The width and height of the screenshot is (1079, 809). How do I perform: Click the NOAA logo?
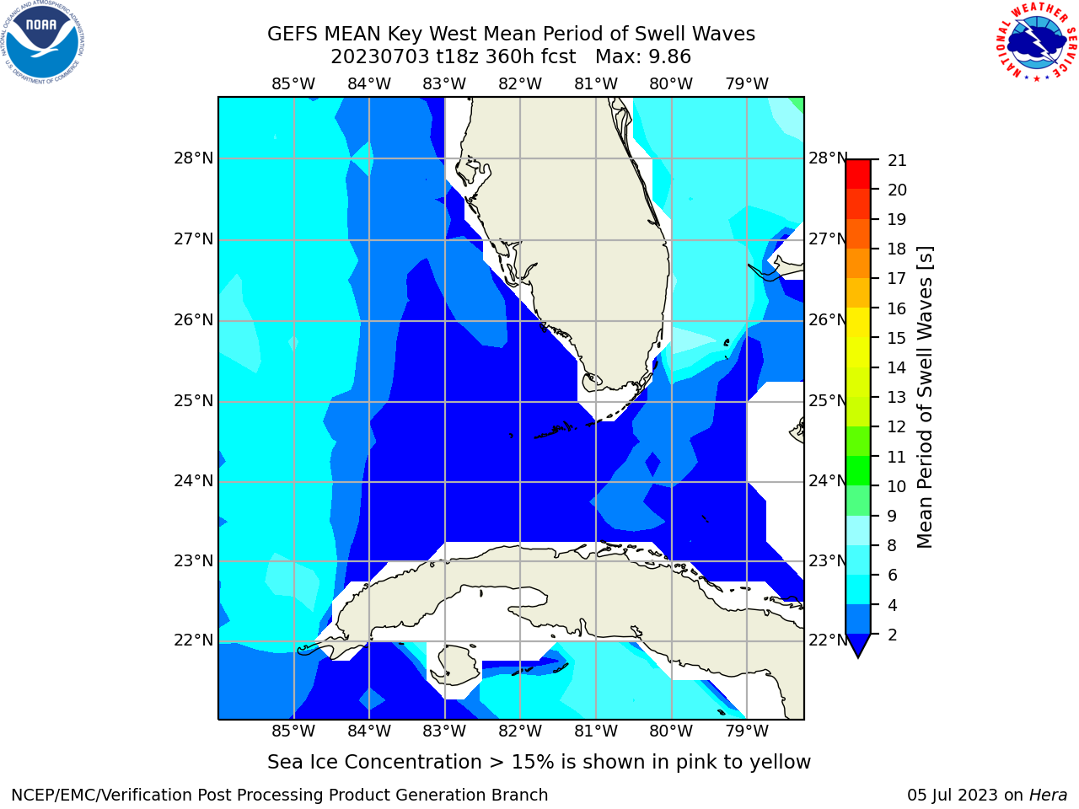42,42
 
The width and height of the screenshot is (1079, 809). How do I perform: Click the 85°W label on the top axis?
293,84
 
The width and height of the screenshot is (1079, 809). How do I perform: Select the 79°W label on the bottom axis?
747,731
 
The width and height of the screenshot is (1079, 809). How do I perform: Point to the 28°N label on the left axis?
194,158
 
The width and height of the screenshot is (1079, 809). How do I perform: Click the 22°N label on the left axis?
194,640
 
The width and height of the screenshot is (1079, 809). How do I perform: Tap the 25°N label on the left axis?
194,401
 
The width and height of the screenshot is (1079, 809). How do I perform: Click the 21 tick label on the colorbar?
897,161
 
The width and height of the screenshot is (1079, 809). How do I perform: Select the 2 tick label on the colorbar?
893,635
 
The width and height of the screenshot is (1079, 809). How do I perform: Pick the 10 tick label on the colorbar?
897,487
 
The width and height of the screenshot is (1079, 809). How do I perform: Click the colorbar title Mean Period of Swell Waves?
925,398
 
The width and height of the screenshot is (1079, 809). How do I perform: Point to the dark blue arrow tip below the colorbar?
858,656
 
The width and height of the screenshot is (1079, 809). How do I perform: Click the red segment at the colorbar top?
858,174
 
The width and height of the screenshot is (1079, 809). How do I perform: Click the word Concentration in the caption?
413,763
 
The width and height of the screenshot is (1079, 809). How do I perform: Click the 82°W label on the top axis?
520,84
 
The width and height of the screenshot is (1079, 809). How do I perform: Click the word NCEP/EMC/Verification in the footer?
117,796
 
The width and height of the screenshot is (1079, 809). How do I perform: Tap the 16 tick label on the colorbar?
897,309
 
